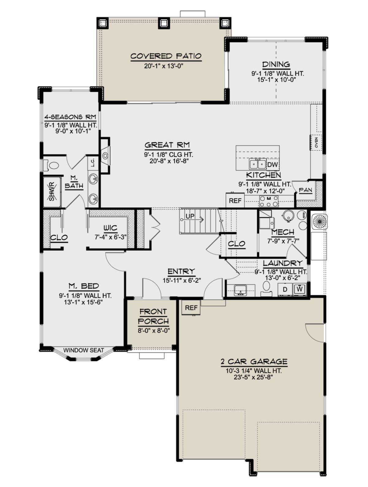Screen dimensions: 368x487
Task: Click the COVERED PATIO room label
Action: click(166, 56)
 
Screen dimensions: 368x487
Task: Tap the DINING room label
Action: click(276, 64)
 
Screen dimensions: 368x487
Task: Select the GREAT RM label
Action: click(167, 145)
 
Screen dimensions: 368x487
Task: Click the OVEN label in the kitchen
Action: click(316, 142)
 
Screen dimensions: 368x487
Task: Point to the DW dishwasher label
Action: click(273, 165)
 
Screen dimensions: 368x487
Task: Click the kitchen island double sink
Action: click(258, 164)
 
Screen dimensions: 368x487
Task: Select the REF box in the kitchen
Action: click(235, 201)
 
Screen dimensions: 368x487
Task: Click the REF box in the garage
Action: click(191, 308)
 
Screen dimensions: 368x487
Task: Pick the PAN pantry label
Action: click(305, 190)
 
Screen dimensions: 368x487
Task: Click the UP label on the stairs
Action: click(190, 216)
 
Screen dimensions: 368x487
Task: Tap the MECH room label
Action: click(283, 232)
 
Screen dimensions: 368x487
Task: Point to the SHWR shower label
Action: click(52, 191)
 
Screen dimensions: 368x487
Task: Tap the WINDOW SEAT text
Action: click(84, 350)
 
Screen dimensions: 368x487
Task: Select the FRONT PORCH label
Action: click(153, 316)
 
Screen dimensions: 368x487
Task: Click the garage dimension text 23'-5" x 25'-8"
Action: click(253, 378)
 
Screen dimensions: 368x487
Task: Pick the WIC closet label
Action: click(110, 228)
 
